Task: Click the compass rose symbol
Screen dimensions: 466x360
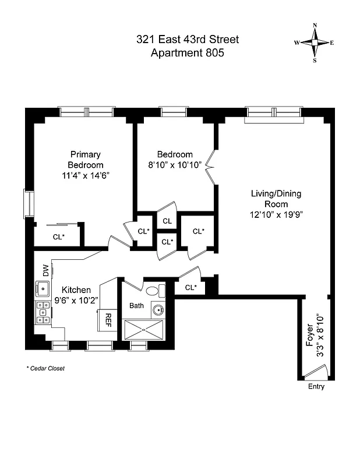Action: (x=314, y=43)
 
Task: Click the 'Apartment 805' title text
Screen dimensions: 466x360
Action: (x=187, y=53)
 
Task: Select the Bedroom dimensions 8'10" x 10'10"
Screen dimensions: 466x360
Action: (x=175, y=165)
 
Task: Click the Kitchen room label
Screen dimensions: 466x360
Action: (x=76, y=290)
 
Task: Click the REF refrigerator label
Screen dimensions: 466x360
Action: (x=108, y=319)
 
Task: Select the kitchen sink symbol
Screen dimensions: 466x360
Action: (x=43, y=288)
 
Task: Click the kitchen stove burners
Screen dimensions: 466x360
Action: (x=43, y=312)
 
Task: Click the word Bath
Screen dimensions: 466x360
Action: (x=136, y=305)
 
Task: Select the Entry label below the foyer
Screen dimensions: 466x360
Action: (x=315, y=387)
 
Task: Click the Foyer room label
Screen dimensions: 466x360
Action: (x=310, y=338)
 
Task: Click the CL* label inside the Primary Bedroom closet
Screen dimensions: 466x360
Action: (x=58, y=237)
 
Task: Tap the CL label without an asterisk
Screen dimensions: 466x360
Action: (x=167, y=221)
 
